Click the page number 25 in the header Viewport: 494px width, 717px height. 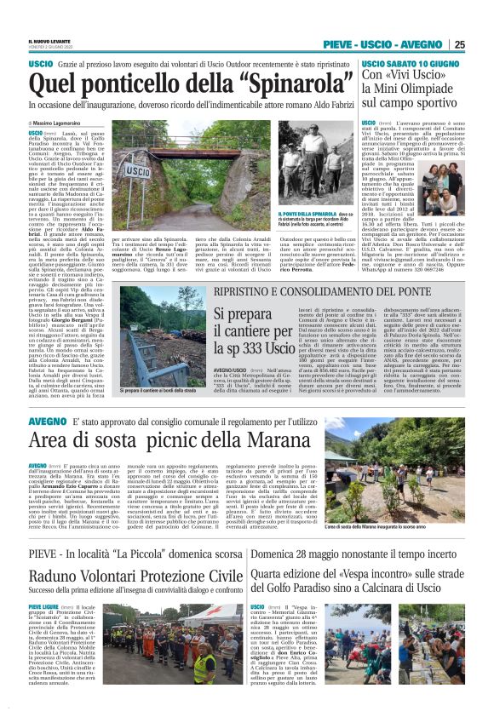[459, 44]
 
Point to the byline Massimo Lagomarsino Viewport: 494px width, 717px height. [61, 124]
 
